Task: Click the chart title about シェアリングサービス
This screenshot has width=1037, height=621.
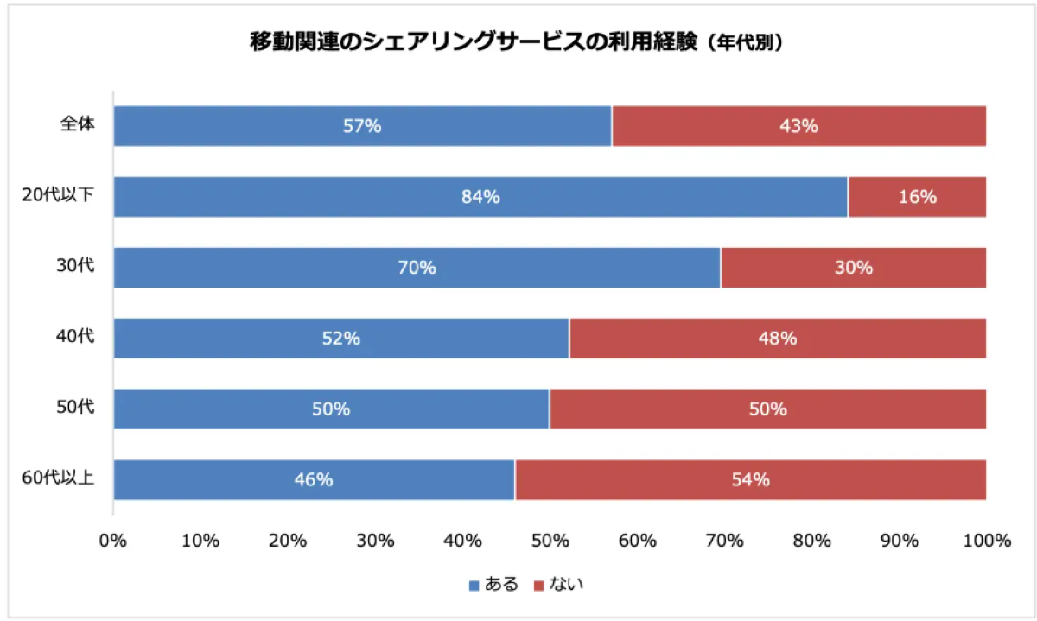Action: (x=516, y=42)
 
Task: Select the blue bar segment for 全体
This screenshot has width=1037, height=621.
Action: (x=362, y=126)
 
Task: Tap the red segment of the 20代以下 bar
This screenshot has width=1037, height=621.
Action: (x=917, y=197)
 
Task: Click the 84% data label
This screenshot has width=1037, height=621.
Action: (x=480, y=197)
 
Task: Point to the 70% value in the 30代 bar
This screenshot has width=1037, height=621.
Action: (x=417, y=268)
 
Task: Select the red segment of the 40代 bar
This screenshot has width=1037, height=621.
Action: (x=778, y=339)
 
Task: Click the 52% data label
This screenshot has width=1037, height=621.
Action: (x=340, y=339)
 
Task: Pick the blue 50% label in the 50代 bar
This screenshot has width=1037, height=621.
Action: (x=330, y=409)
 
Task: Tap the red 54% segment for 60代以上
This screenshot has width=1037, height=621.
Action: (x=750, y=480)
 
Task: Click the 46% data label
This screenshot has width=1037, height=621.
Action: (x=314, y=480)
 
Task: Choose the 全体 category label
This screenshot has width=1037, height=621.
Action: (x=77, y=124)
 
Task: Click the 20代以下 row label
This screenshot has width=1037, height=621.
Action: (x=59, y=194)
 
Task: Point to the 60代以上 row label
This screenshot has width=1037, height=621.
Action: (x=59, y=477)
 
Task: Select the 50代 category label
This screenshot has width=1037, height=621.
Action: (x=75, y=406)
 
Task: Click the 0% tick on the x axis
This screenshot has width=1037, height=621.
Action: (x=113, y=541)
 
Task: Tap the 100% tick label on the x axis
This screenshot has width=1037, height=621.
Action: (x=987, y=541)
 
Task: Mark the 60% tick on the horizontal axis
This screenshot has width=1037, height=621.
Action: (x=638, y=541)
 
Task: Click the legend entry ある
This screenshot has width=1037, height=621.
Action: (x=493, y=585)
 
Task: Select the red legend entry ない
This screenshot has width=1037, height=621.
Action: (x=559, y=585)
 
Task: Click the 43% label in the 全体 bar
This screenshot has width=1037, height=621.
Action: (x=798, y=126)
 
